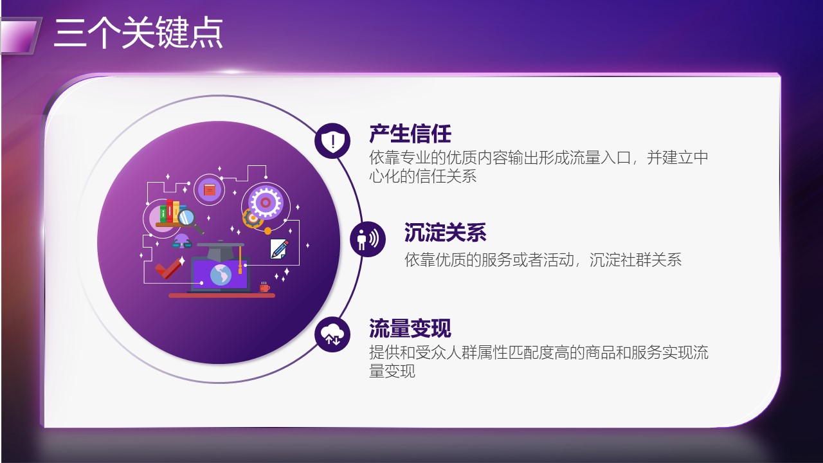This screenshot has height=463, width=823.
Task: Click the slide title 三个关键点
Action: tap(138, 33)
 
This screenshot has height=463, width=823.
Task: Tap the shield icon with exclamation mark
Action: tap(332, 141)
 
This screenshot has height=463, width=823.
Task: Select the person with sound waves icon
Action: tap(367, 239)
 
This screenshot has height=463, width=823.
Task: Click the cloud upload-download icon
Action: tap(332, 334)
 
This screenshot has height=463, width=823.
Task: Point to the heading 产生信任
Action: tap(410, 134)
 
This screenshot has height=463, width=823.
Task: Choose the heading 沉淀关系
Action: tap(446, 232)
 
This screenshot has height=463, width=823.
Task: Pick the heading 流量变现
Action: tap(410, 328)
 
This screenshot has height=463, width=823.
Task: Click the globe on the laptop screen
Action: tap(221, 275)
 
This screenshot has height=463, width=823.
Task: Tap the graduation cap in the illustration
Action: tap(221, 250)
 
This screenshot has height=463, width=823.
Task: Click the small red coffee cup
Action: tap(264, 287)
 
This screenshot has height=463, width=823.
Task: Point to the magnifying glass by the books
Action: tap(190, 221)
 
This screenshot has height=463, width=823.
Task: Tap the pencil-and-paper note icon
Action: tap(279, 249)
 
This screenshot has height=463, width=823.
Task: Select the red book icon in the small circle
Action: tap(210, 190)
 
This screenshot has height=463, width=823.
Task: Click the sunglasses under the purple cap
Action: tap(182, 244)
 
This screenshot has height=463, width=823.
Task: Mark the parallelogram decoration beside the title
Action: tap(20, 35)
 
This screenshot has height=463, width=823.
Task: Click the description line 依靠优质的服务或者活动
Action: tap(489, 260)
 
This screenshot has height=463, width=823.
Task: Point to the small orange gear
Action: tap(253, 218)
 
